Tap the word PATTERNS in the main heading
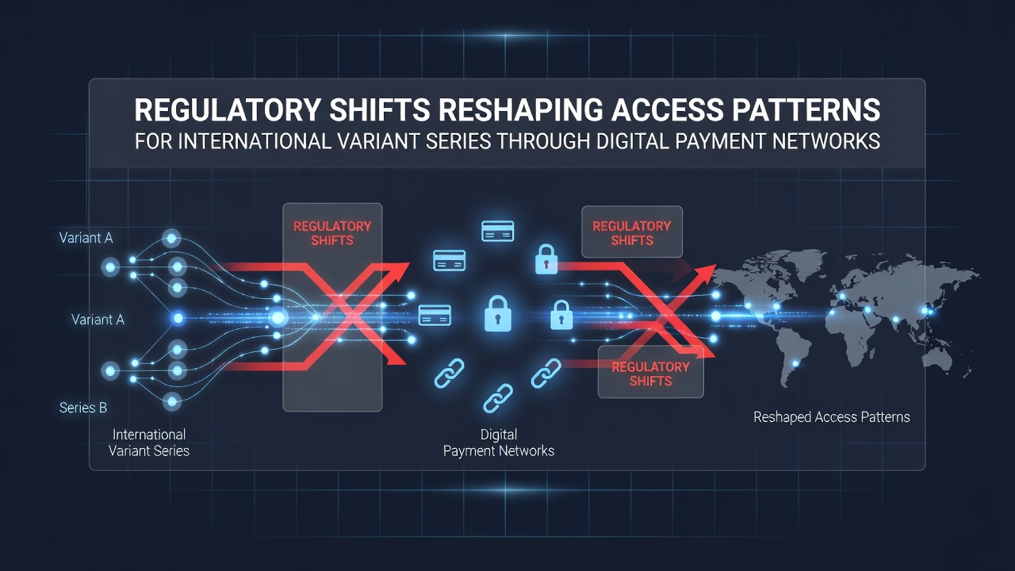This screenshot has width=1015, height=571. pyautogui.click(x=805, y=110)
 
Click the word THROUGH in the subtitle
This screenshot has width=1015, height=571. pyautogui.click(x=543, y=141)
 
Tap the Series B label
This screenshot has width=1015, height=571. pyautogui.click(x=83, y=408)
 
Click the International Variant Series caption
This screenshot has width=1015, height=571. pyautogui.click(x=149, y=443)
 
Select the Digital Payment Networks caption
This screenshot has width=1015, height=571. pyautogui.click(x=499, y=443)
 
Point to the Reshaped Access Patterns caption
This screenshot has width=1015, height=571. pyautogui.click(x=832, y=417)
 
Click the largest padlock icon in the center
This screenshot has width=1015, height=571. pyautogui.click(x=497, y=313)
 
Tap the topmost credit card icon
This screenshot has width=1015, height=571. pyautogui.click(x=497, y=231)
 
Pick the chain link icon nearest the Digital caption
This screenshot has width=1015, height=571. pyautogui.click(x=498, y=398)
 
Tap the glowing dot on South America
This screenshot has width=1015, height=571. pyautogui.click(x=795, y=363)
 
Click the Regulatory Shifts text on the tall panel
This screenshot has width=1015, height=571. pyautogui.click(x=332, y=233)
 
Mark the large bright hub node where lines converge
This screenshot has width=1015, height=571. pyautogui.click(x=278, y=317)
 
